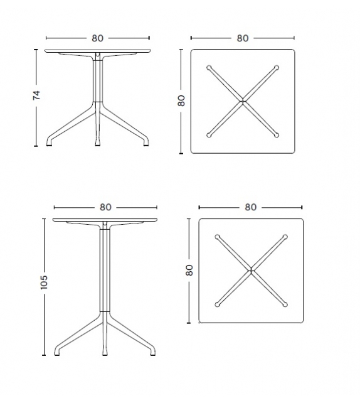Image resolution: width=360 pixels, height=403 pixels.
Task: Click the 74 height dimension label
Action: coord(37,95)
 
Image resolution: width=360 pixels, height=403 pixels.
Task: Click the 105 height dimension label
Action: coord(44,282)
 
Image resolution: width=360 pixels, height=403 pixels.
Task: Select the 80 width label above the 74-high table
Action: coord(98,38)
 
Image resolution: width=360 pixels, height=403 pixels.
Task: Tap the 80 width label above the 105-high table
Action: coord(105,207)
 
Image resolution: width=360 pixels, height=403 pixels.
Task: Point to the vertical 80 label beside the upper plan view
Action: coord(181,100)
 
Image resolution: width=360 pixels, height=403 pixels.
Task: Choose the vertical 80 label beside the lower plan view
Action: coord(189,270)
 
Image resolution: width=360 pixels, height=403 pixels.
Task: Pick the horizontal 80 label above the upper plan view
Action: coord(243,38)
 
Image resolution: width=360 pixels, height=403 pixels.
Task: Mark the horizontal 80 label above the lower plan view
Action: coord(251,207)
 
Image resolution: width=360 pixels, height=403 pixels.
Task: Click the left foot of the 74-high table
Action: coord(49,145)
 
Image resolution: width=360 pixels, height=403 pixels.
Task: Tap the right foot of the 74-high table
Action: coord(146,145)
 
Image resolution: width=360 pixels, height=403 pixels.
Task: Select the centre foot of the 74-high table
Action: coord(98,145)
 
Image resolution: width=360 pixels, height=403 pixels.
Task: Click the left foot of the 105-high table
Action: coord(57,355)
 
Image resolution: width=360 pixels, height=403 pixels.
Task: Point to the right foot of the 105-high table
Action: coord(153,355)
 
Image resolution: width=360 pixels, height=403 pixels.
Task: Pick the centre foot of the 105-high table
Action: coord(105,355)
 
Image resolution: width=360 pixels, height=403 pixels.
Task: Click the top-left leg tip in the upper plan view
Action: coord(209,68)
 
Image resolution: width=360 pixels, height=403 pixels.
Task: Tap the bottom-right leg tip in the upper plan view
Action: coord(277,135)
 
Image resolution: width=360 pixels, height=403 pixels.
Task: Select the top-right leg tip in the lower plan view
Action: coord(285,237)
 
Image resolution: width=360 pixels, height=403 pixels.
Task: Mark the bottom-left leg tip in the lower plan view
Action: coord(217,304)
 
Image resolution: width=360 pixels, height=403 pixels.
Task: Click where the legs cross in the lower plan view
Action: coord(251,271)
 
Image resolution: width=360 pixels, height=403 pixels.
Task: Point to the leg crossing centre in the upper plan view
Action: coord(243,101)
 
